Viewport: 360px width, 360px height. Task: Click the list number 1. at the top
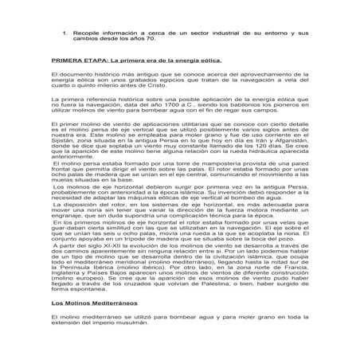[65, 33]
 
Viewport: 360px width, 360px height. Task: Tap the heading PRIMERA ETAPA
[79, 60]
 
